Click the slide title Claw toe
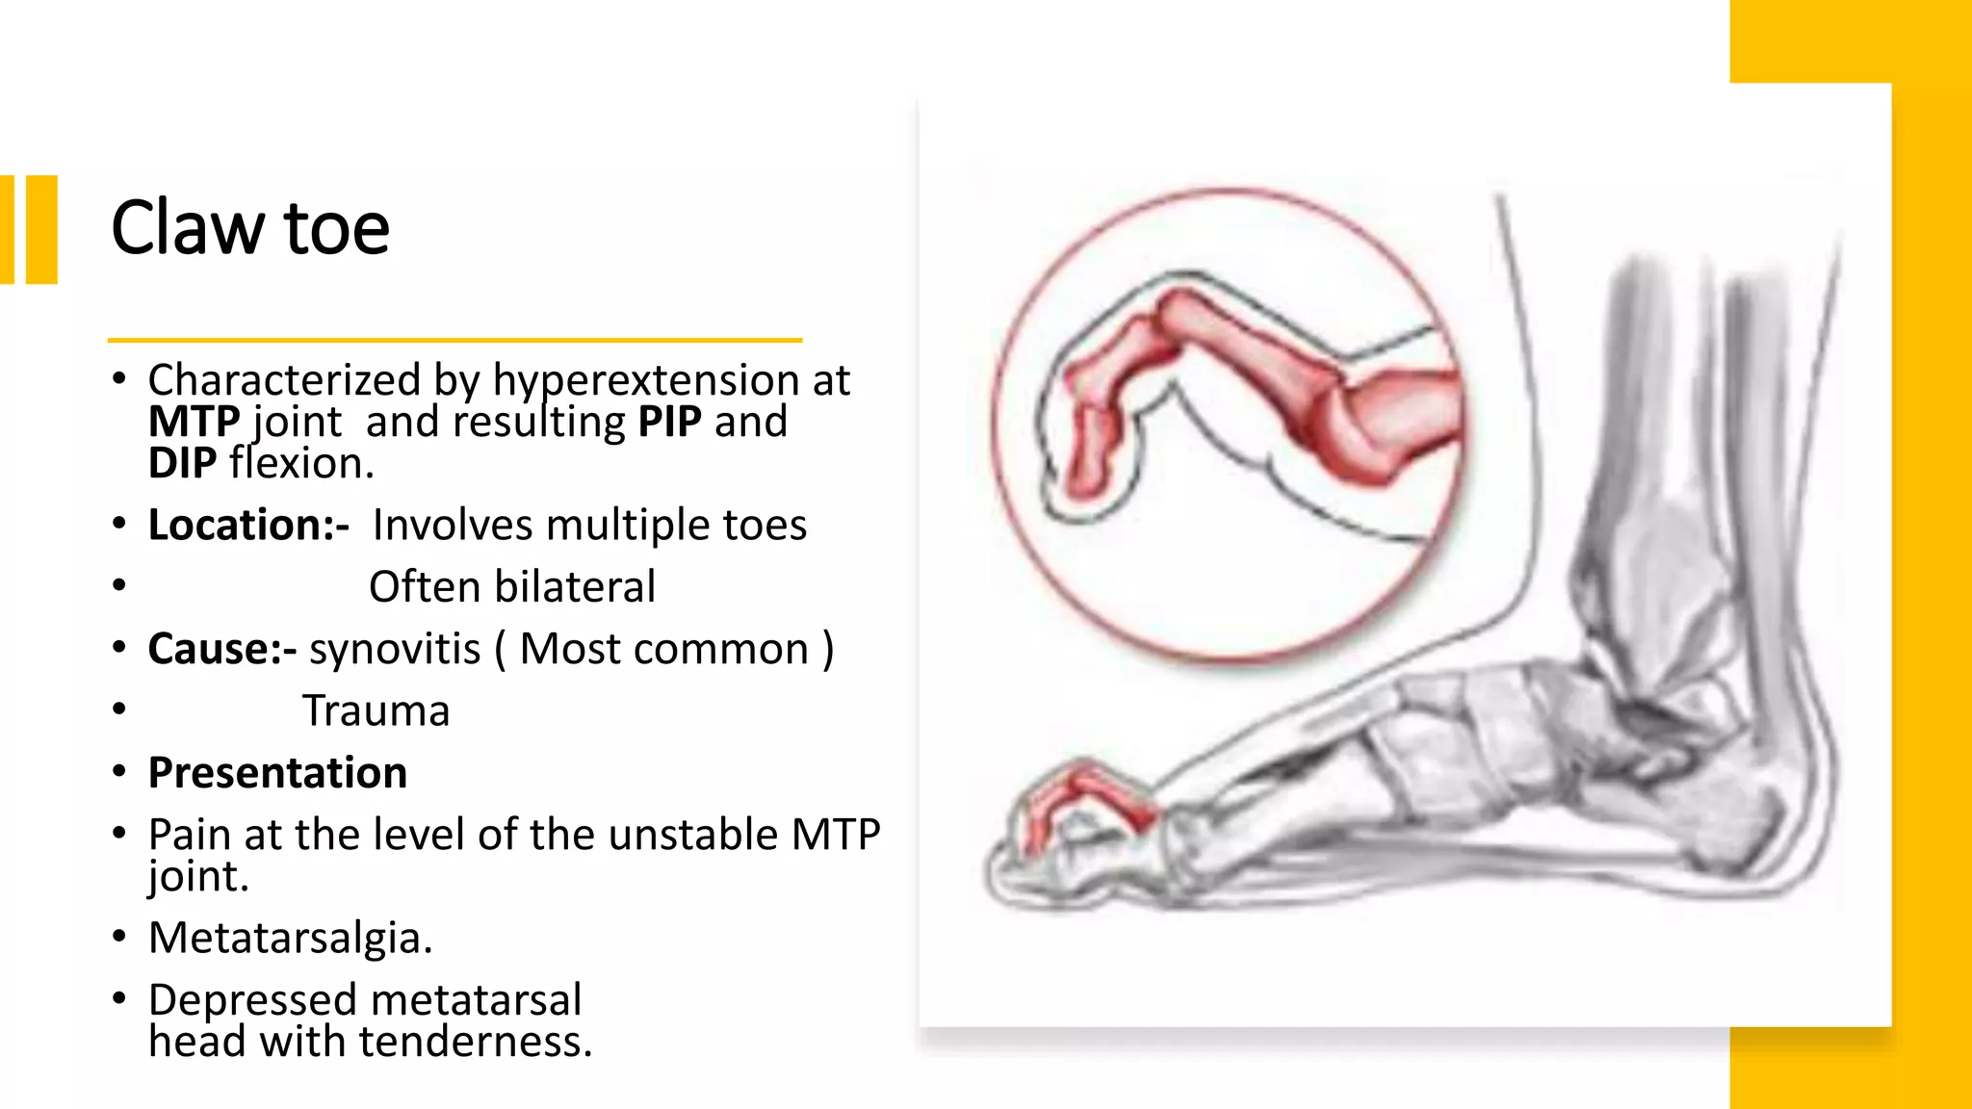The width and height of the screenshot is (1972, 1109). pyautogui.click(x=250, y=228)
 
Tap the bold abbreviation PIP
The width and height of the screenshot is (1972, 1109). pyautogui.click(x=669, y=422)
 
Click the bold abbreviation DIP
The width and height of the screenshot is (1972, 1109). pyautogui.click(x=182, y=464)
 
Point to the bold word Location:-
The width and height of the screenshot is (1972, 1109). pyautogui.click(x=248, y=526)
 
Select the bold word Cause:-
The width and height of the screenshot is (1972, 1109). pyautogui.click(x=221, y=649)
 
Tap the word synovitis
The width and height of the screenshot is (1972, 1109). pyautogui.click(x=395, y=649)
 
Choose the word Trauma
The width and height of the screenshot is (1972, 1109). pyautogui.click(x=376, y=711)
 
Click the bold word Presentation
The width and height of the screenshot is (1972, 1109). pyautogui.click(x=277, y=773)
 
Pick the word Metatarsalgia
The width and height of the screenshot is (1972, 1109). pyautogui.click(x=290, y=938)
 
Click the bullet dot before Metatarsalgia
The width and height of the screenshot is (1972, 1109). pyautogui.click(x=118, y=936)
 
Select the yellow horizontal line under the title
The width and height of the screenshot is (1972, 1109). pyautogui.click(x=454, y=340)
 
